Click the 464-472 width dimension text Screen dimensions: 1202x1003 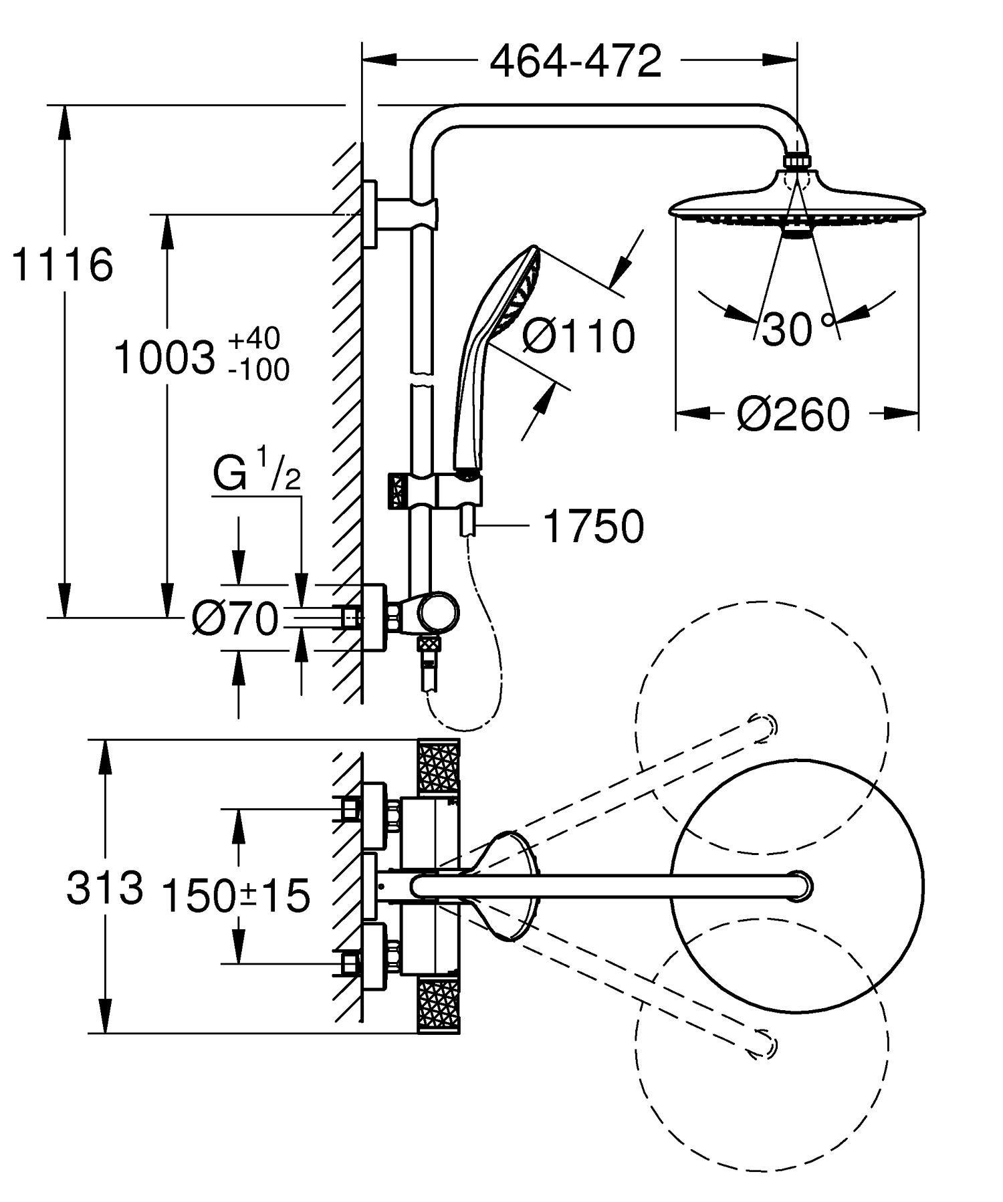(x=576, y=62)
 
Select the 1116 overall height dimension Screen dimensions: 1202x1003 (x=62, y=265)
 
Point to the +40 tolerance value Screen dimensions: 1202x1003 (x=254, y=339)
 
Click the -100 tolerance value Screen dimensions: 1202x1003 (x=258, y=370)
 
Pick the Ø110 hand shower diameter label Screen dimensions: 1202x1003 (x=578, y=336)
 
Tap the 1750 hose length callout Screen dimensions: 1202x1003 (x=593, y=526)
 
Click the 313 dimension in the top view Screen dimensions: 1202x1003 (x=104, y=888)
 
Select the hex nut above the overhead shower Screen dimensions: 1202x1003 (x=796, y=162)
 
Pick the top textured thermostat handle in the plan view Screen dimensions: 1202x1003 (x=439, y=768)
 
